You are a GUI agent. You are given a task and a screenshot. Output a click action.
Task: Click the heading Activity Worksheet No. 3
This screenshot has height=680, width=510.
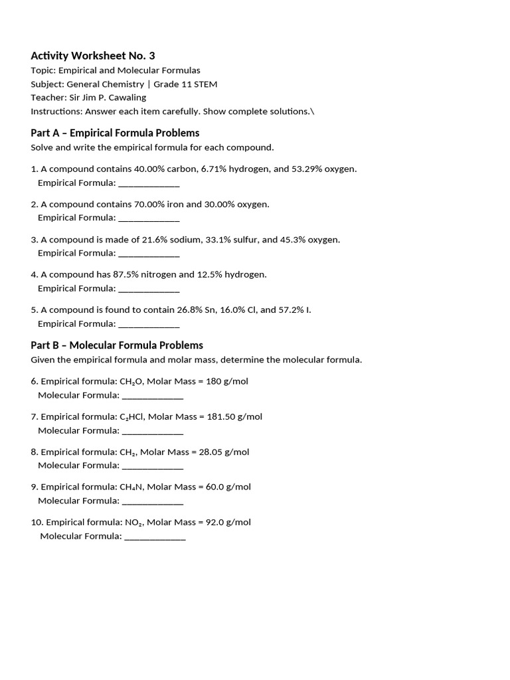coord(92,56)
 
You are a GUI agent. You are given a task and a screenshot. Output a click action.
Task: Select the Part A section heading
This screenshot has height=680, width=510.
coord(115,133)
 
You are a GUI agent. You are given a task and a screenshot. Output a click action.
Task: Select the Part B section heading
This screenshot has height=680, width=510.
coord(117,345)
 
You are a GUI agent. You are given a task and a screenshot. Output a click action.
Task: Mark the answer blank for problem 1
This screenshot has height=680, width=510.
coord(149,183)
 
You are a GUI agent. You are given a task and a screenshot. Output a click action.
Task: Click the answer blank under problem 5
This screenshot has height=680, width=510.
coord(149,325)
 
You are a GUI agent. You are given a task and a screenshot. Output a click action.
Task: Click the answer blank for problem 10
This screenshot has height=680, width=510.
coord(155,537)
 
